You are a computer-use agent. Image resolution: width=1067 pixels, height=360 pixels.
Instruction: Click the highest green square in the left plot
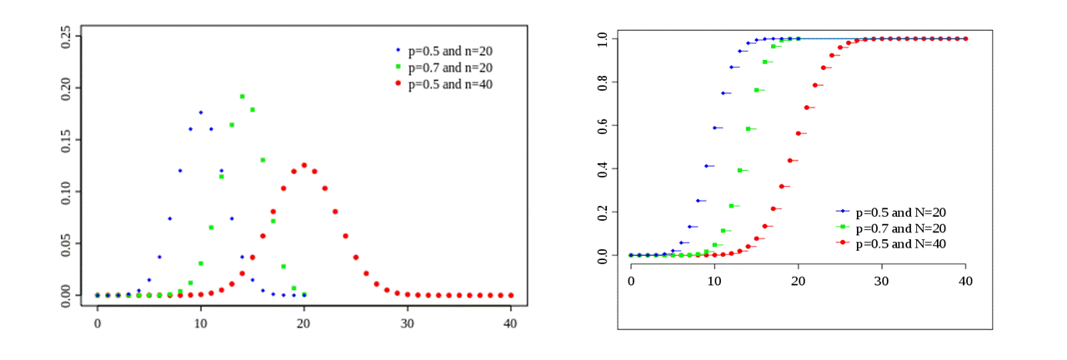(242, 97)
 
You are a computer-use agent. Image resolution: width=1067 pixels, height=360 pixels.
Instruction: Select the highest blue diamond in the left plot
(201, 112)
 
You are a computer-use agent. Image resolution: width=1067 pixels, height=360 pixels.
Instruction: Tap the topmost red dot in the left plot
(304, 165)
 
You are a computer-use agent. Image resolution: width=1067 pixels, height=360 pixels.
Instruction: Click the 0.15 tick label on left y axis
(66, 139)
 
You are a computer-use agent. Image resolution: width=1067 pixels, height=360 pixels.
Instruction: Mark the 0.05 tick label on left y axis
(66, 243)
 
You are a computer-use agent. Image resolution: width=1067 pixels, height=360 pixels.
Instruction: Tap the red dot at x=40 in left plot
(511, 295)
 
